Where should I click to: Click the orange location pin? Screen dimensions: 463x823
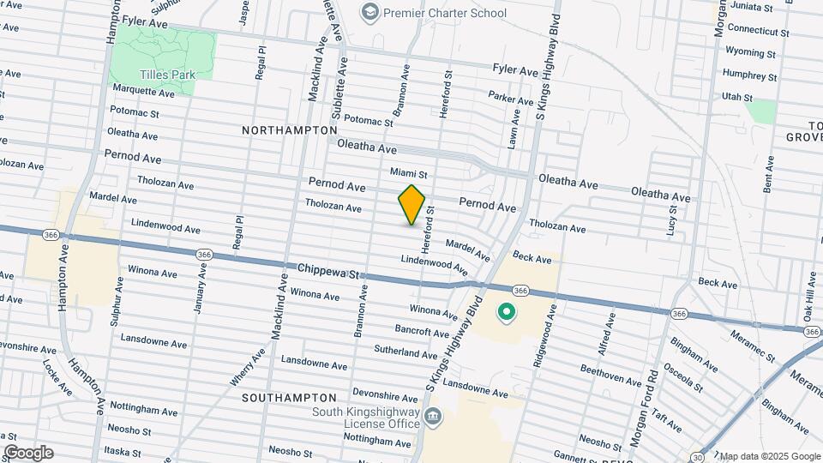point(411,205)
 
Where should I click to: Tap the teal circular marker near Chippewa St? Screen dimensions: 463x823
point(506,313)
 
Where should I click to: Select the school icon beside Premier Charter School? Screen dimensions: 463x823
point(369,12)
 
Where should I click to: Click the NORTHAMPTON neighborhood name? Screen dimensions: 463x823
point(290,130)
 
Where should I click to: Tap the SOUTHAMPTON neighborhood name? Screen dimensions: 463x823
point(289,399)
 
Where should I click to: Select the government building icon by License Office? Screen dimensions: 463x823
point(435,418)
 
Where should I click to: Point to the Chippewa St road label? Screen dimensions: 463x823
point(328,272)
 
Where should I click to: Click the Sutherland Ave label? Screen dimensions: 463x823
point(405,352)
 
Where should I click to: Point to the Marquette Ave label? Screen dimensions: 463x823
point(143,90)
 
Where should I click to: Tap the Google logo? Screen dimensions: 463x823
point(27,453)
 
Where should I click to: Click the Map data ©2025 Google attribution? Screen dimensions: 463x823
point(769,456)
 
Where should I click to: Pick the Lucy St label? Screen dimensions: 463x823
point(672,225)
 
